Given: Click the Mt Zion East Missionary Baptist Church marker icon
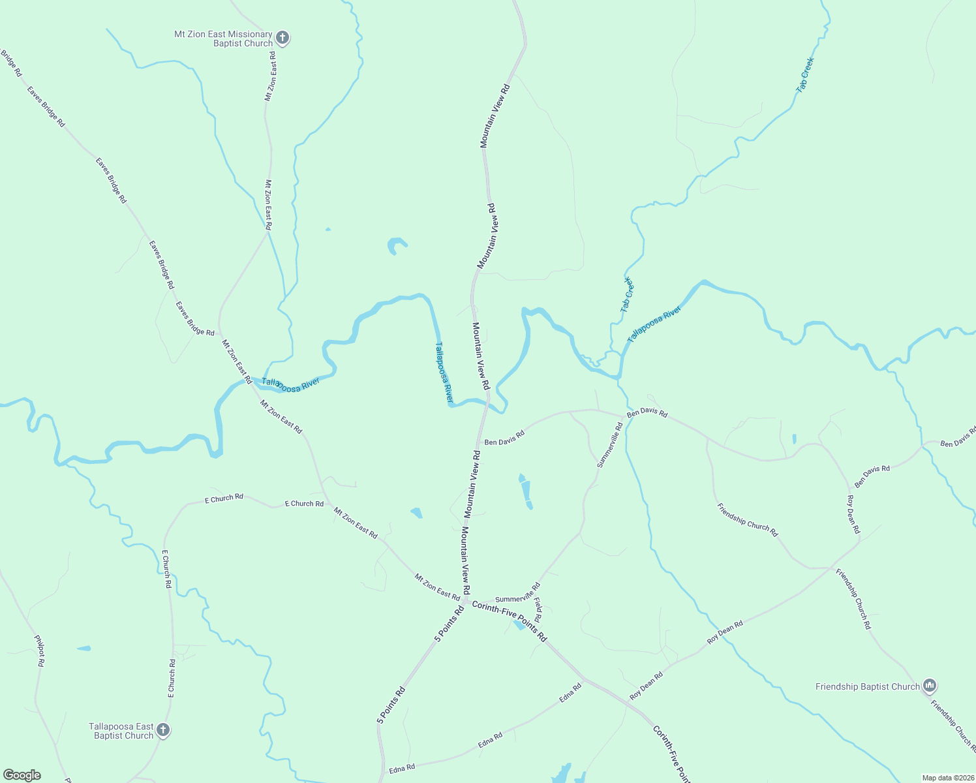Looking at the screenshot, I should pos(282,38).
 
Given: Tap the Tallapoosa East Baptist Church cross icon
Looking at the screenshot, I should pos(163,730).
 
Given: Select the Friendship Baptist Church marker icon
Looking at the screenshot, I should pos(930,686).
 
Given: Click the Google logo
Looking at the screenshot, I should pos(22,775).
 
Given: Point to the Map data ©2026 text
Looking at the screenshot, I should pos(947,778).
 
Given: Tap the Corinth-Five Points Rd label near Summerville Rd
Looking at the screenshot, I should pos(509,621).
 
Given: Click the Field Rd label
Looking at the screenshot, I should pos(538,609).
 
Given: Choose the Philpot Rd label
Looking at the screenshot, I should pos(40,651).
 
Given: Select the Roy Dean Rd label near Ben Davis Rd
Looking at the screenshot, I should pos(853,514).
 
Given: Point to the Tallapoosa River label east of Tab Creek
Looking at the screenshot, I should pos(654,324).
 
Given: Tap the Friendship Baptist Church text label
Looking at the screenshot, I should pos(867,686).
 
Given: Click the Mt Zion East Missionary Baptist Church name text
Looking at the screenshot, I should pos(223,38).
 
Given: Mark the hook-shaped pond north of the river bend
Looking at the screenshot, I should pos(395,245).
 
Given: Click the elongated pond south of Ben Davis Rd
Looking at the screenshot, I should pos(526,492).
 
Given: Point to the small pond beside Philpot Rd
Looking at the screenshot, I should pos(84,648).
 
